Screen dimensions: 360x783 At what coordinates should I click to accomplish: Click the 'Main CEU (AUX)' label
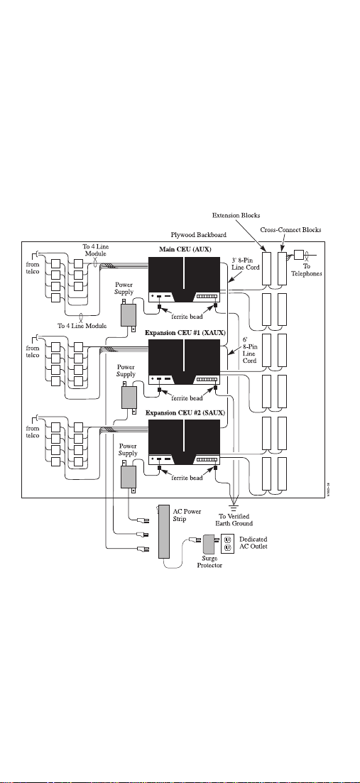184,249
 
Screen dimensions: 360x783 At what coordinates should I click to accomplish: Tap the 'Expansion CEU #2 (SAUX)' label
185,413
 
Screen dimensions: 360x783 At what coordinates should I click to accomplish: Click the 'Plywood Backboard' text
199,235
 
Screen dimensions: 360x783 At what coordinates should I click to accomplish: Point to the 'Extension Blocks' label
236,216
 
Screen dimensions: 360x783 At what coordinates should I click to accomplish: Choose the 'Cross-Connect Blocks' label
290,230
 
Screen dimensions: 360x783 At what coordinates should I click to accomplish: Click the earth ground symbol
233,505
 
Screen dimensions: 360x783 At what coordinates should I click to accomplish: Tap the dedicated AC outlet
228,544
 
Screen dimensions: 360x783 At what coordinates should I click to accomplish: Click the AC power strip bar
164,532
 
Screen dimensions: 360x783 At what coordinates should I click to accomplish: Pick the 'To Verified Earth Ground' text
234,520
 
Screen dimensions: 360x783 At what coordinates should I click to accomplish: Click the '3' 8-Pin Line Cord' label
246,263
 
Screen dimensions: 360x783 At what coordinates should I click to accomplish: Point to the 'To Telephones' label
307,270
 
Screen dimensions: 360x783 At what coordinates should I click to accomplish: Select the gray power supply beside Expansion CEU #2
128,476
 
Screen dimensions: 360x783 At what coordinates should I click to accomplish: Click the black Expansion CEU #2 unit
184,443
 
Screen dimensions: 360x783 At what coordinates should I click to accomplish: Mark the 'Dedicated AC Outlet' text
253,543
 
